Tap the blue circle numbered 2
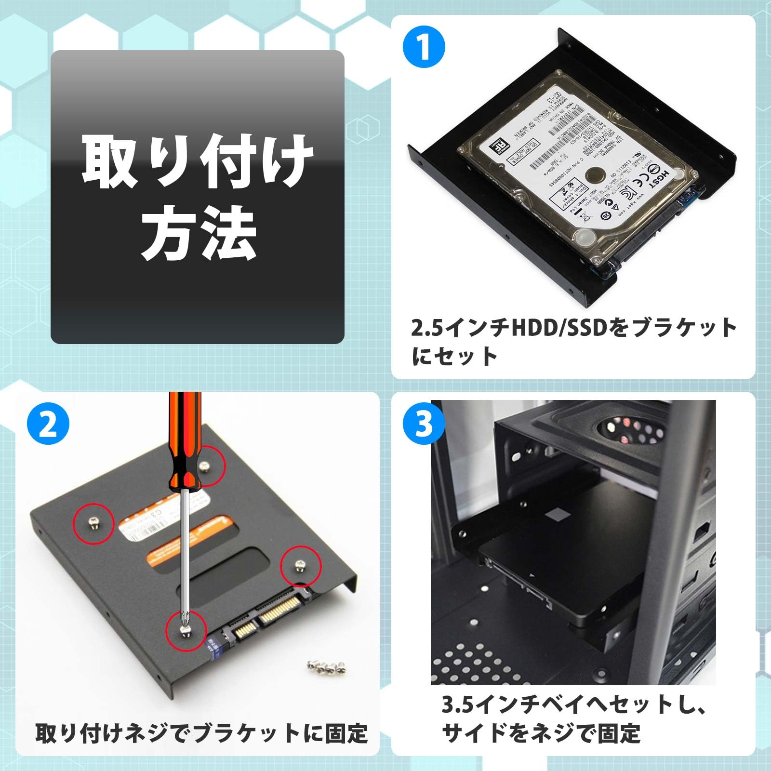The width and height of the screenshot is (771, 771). tap(48, 424)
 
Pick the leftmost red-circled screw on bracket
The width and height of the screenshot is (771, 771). tap(94, 523)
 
